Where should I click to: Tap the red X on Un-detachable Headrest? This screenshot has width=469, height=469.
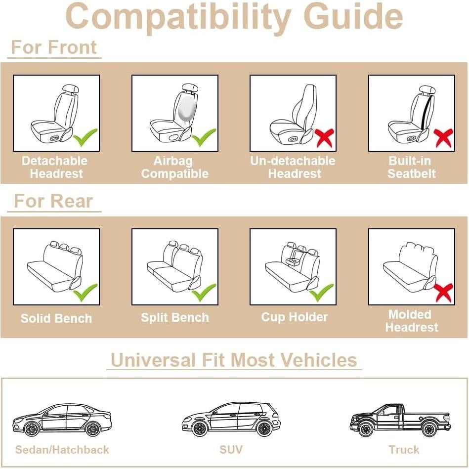tap(324, 137)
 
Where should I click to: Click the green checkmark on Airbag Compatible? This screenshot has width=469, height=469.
tap(204, 137)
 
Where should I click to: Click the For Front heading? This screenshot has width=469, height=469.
tap(54, 47)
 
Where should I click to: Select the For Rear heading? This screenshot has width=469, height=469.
tap(53, 201)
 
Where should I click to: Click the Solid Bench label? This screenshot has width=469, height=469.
tap(56, 318)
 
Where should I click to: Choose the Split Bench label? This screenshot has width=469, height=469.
tap(174, 317)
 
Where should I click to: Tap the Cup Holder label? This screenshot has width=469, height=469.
tap(295, 317)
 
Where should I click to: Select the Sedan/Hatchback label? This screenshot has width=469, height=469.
tap(62, 450)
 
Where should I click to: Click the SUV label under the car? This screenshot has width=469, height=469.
tap(231, 450)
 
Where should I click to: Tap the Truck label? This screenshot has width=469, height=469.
tap(404, 450)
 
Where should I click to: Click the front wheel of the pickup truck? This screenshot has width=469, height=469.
tap(366, 429)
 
